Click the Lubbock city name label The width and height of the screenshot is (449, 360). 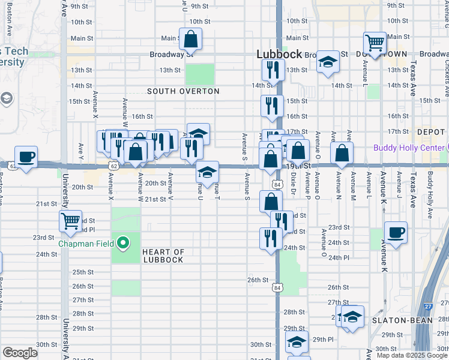[x=279, y=53]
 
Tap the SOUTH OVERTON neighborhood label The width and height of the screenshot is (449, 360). [x=184, y=91]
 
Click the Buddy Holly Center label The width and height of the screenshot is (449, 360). [x=408, y=148]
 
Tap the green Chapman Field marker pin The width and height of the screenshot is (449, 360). [x=124, y=243]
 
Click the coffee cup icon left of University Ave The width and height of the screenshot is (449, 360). [x=26, y=158]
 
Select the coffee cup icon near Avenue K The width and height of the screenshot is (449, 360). [x=396, y=233]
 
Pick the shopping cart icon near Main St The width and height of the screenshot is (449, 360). [x=375, y=43]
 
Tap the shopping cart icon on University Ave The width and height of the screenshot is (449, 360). [x=71, y=221]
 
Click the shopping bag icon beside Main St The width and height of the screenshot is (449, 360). [x=190, y=40]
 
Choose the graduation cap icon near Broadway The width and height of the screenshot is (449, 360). [x=328, y=62]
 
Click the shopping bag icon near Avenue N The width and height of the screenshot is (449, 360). [x=342, y=154]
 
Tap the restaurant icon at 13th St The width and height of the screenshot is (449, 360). [x=272, y=70]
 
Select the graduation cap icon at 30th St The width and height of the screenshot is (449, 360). [x=297, y=343]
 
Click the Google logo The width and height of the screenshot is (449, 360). [x=20, y=353]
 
